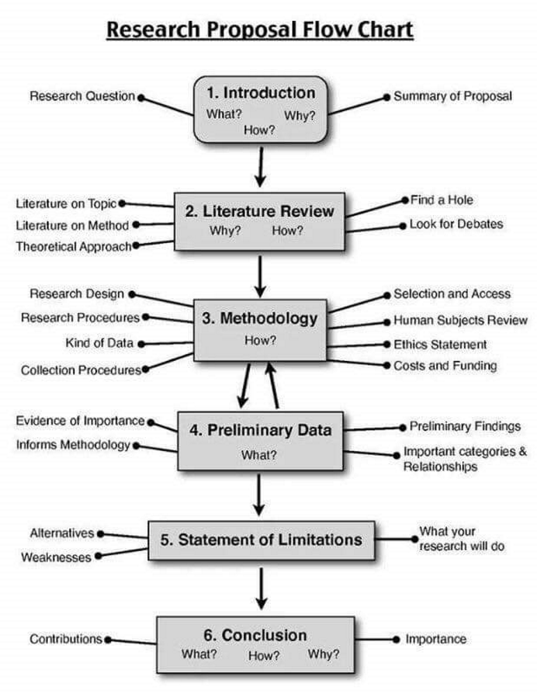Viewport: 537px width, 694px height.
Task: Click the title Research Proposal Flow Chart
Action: pyautogui.click(x=259, y=31)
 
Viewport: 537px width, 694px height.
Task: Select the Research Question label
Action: pyautogui.click(x=82, y=96)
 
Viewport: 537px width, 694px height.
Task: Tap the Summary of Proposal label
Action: pyautogui.click(x=452, y=96)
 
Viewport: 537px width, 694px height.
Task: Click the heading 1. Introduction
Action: pyautogui.click(x=260, y=93)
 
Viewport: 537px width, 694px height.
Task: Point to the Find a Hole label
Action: pyautogui.click(x=441, y=200)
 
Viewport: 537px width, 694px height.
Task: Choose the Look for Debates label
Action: pyautogui.click(x=456, y=223)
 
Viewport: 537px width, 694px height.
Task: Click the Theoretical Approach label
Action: pyautogui.click(x=74, y=246)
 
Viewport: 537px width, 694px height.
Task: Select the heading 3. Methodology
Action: pyautogui.click(x=259, y=319)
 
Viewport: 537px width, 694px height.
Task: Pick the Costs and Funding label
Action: pyautogui.click(x=445, y=365)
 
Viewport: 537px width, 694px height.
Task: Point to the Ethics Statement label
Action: pyautogui.click(x=440, y=344)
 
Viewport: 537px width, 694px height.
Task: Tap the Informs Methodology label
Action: pyautogui.click(x=73, y=444)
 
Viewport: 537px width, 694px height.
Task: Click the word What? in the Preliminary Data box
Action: pyautogui.click(x=259, y=455)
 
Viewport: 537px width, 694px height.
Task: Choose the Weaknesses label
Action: pyautogui.click(x=56, y=557)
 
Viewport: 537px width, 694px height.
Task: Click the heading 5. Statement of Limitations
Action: pyautogui.click(x=262, y=540)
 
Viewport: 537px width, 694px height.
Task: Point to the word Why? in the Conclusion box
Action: pyautogui.click(x=323, y=654)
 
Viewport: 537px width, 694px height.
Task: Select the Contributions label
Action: pyautogui.click(x=65, y=639)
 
